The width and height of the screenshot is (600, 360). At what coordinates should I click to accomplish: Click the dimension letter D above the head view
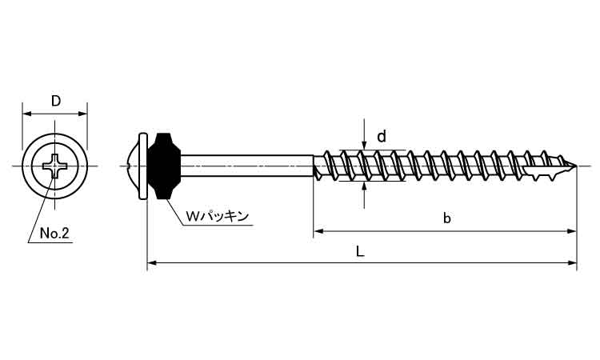[x=55, y=101]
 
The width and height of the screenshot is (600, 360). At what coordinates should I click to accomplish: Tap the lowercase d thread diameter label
[x=382, y=137]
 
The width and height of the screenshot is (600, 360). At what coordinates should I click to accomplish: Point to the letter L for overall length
[x=361, y=250]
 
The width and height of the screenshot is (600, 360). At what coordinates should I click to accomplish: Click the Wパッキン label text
[x=218, y=215]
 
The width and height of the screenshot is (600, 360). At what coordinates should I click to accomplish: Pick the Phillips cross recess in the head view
[x=55, y=166]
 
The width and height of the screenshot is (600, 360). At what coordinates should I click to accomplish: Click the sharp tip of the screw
[x=576, y=166]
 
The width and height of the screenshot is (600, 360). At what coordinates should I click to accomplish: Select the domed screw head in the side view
[x=134, y=166]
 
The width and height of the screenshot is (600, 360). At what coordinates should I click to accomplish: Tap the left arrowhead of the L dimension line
[x=152, y=262]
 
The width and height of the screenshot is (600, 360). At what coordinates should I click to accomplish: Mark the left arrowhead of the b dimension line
[x=318, y=230]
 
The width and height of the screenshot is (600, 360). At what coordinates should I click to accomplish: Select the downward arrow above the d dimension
[x=365, y=144]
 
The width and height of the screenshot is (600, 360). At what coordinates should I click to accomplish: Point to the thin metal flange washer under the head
[x=145, y=166]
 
